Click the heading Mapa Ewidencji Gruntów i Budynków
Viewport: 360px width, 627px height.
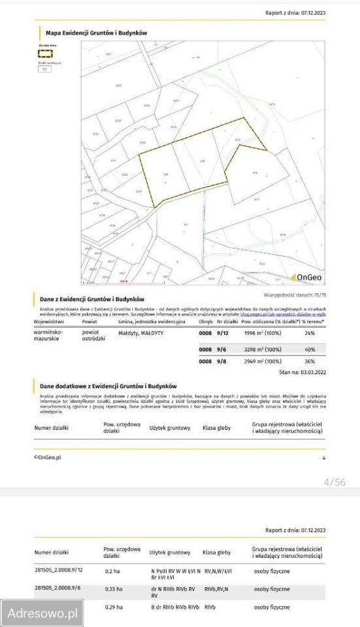pyautogui.click(x=96, y=32)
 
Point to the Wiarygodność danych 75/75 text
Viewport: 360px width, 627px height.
pyautogui.click(x=303, y=295)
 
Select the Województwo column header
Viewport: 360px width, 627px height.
pyautogui.click(x=48, y=322)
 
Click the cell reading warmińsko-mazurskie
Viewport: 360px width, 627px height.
pyautogui.click(x=48, y=336)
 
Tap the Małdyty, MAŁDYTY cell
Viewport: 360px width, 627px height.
pyautogui.click(x=140, y=333)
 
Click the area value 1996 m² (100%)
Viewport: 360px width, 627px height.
pyautogui.click(x=262, y=333)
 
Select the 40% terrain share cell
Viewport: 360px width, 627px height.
pyautogui.click(x=310, y=349)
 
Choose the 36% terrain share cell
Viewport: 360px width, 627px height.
pyautogui.click(x=310, y=361)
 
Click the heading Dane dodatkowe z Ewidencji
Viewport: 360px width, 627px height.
pyautogui.click(x=108, y=386)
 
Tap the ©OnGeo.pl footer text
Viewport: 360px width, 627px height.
pyautogui.click(x=47, y=458)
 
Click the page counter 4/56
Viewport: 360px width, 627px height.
pyautogui.click(x=335, y=482)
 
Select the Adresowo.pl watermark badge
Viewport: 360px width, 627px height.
pyautogui.click(x=42, y=613)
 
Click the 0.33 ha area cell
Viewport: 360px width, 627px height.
pyautogui.click(x=114, y=588)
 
